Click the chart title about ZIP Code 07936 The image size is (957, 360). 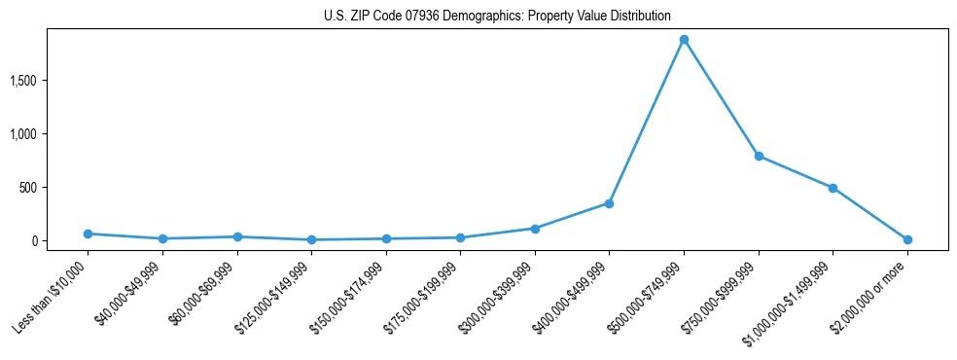(x=497, y=16)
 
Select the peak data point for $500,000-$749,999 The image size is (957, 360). (x=684, y=40)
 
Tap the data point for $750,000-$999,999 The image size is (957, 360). (x=759, y=156)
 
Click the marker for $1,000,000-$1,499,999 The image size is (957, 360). (x=833, y=188)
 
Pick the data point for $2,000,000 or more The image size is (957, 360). (x=907, y=239)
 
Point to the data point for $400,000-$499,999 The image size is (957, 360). (x=609, y=203)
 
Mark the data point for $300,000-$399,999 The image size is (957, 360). (x=535, y=229)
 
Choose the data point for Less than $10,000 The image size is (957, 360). (x=88, y=234)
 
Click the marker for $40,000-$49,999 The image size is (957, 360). (x=162, y=238)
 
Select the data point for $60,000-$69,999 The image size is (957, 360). (x=237, y=236)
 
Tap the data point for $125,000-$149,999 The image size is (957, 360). (x=311, y=239)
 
